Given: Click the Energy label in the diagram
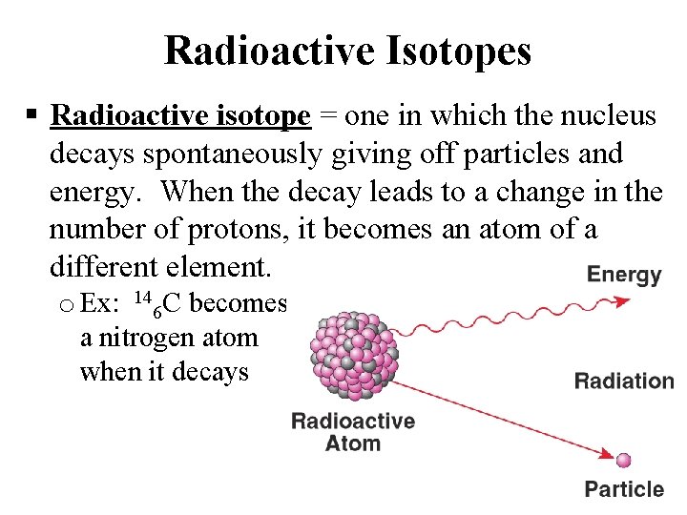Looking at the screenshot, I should pyautogui.click(x=624, y=276).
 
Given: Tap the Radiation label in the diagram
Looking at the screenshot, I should pyautogui.click(x=624, y=381).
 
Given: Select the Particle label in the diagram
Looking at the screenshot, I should pyautogui.click(x=624, y=489).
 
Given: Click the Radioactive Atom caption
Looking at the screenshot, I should pyautogui.click(x=352, y=432).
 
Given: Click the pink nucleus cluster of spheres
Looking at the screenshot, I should pyautogui.click(x=352, y=352).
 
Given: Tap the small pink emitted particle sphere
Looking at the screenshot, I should pyautogui.click(x=624, y=461).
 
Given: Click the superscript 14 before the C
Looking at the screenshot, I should pyautogui.click(x=143, y=296).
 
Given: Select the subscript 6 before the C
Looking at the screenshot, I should pyautogui.click(x=157, y=312).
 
